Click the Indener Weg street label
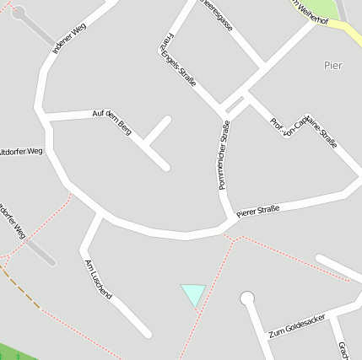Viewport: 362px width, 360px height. click(x=69, y=39)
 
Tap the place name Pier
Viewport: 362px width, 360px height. click(x=334, y=65)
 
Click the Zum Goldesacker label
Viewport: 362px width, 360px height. click(x=294, y=323)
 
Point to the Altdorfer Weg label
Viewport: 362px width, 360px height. click(x=20, y=152)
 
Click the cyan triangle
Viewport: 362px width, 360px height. click(x=194, y=293)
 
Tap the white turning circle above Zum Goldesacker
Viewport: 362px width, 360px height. click(x=247, y=298)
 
